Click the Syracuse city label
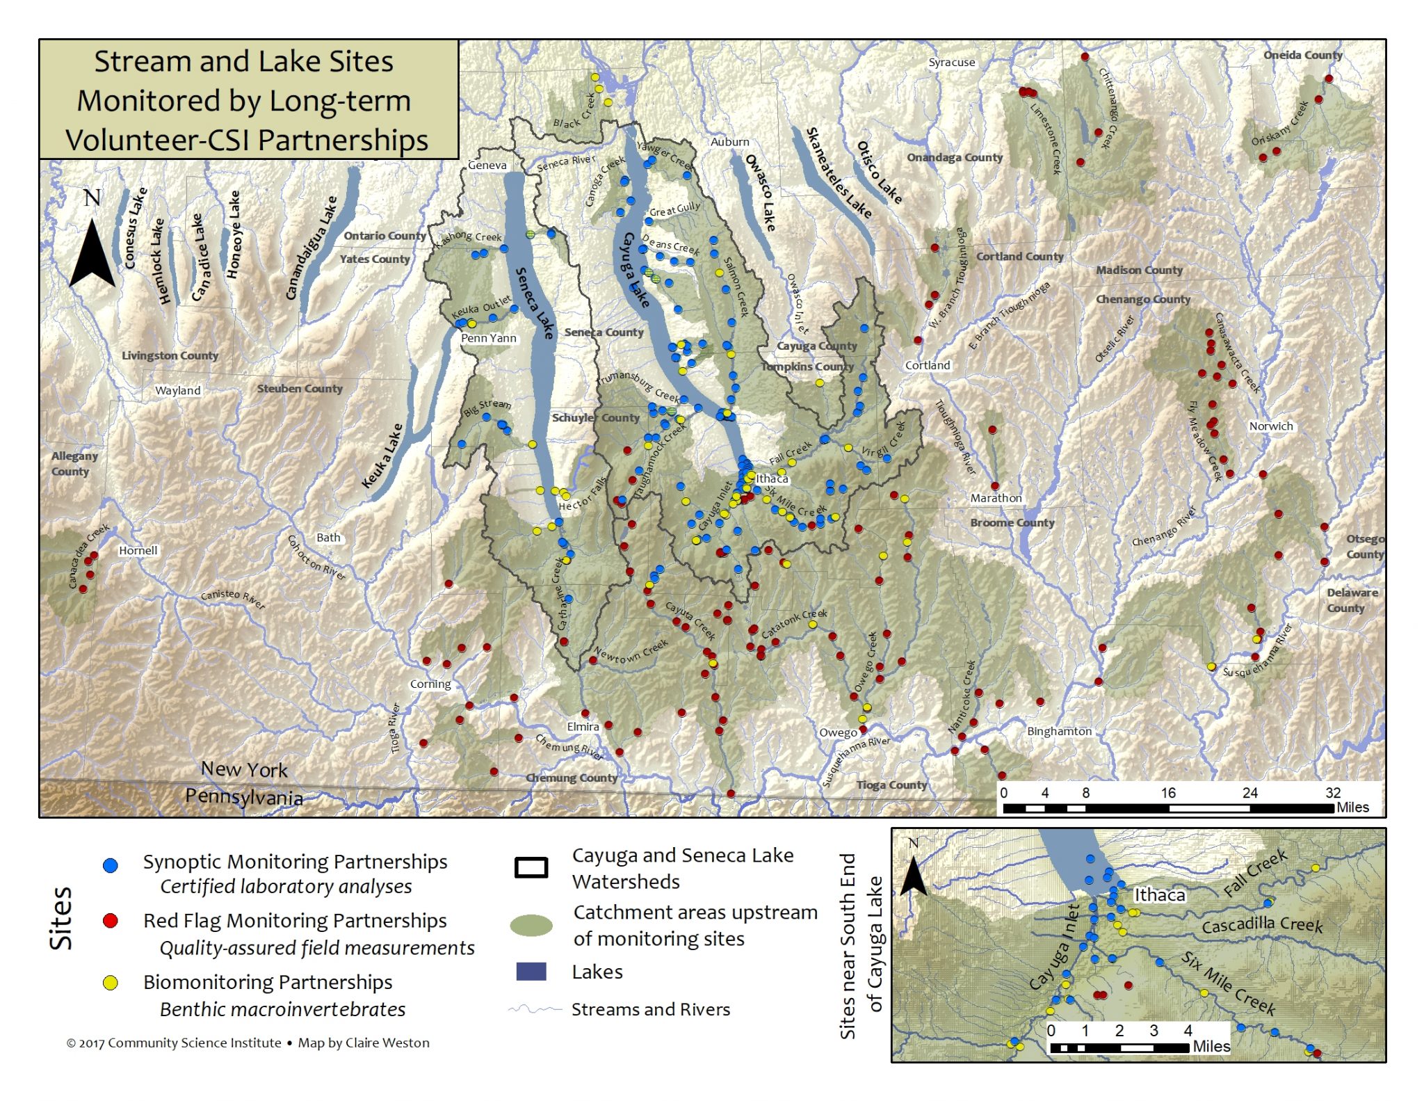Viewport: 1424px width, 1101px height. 951,63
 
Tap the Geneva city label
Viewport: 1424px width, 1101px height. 487,166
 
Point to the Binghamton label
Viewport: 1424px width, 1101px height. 1059,731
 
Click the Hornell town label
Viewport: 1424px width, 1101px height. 138,550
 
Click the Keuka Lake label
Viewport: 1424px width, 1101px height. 382,456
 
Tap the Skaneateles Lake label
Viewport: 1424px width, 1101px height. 837,171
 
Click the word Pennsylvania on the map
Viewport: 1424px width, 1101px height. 244,797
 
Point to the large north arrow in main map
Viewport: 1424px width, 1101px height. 92,250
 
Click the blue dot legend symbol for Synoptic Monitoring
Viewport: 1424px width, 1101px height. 110,865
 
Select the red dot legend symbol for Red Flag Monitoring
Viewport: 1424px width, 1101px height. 110,921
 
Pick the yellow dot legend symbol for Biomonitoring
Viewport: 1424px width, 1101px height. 110,983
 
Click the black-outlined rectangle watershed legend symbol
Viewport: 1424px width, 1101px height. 531,867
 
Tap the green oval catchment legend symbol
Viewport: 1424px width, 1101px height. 531,925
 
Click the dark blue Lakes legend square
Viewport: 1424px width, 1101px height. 531,972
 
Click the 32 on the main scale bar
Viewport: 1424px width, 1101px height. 1332,793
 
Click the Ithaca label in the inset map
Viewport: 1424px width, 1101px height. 1159,895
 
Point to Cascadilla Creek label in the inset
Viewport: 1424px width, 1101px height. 1262,925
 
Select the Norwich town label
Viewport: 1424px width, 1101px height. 1270,426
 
